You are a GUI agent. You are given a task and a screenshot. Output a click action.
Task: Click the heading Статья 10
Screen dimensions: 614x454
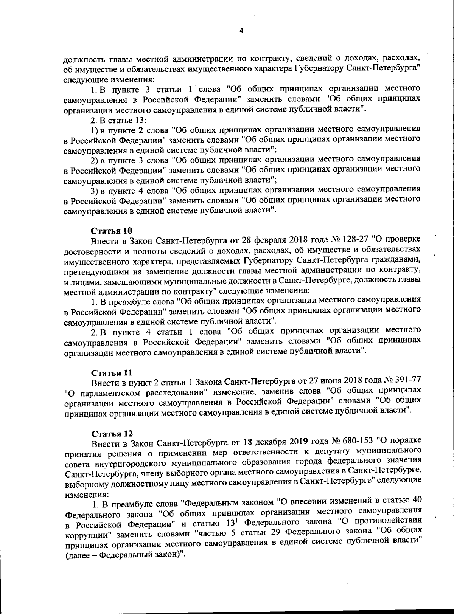tap(110, 231)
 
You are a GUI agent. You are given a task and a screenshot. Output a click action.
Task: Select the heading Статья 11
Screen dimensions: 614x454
tap(110, 373)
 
